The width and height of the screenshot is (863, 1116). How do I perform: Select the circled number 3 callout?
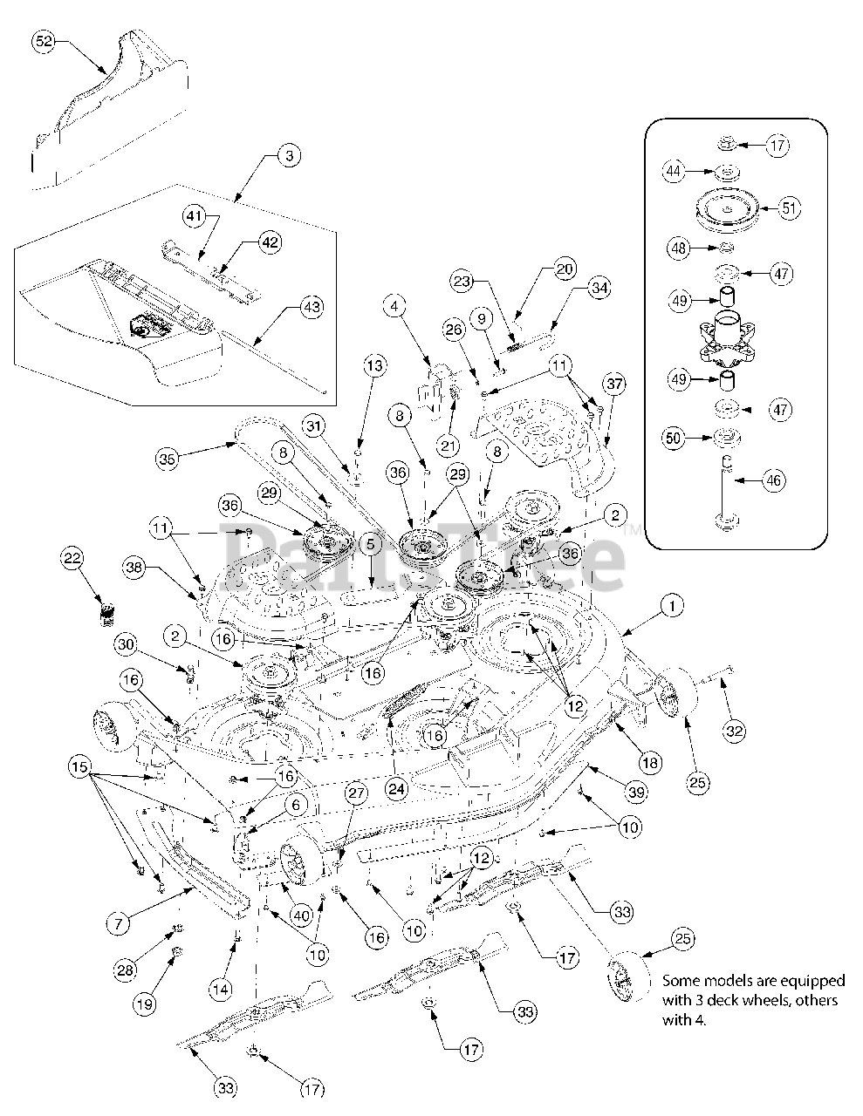tap(289, 157)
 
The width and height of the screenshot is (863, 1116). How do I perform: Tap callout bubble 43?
tap(312, 307)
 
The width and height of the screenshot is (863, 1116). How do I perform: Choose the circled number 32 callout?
tap(735, 731)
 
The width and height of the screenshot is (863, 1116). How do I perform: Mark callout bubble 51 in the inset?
tap(789, 208)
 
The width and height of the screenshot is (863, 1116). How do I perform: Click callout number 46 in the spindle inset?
tap(773, 479)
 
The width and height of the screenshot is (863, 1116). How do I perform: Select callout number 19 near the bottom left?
tap(145, 1004)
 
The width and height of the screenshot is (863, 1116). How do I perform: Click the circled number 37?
tap(614, 384)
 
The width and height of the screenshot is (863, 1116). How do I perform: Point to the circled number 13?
tap(373, 366)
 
